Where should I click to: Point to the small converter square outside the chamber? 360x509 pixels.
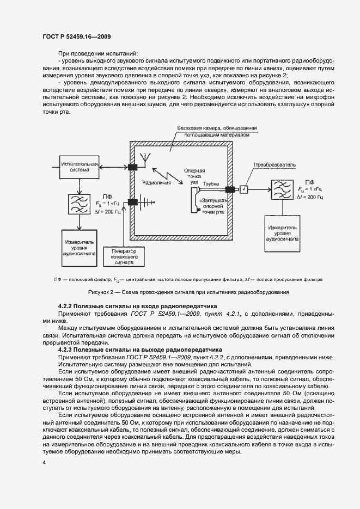[x=245, y=189]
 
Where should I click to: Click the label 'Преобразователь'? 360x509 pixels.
[x=273, y=164]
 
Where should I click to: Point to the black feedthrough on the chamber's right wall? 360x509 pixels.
[x=229, y=189]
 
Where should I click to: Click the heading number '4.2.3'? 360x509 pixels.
[x=67, y=349]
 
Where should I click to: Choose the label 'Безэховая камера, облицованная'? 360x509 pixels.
[x=217, y=127]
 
